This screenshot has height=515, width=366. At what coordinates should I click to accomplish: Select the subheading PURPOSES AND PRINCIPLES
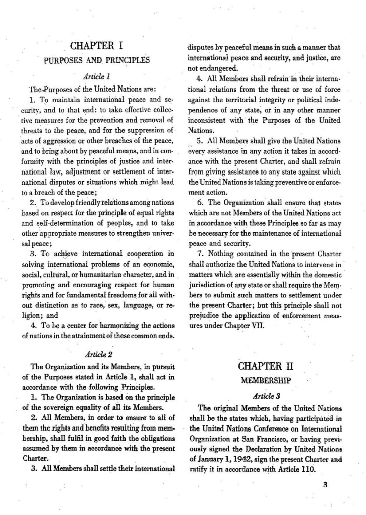(x=96, y=61)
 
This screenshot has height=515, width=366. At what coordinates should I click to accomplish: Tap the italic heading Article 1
(x=96, y=76)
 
